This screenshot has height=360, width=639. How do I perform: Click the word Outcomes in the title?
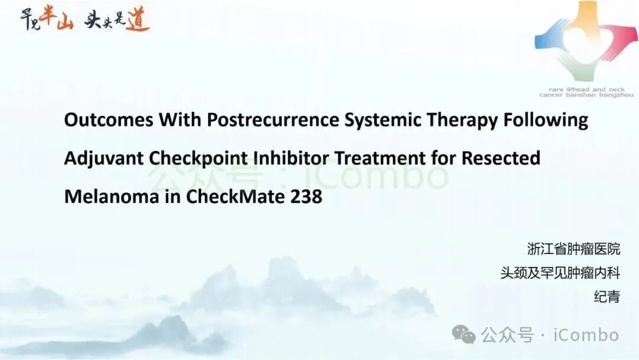point(109,120)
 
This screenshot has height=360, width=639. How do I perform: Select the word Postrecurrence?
point(273,120)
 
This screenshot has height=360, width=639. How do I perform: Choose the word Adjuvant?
point(104,159)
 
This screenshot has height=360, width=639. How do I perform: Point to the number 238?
point(306,197)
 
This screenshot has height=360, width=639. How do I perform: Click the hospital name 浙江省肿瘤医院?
point(574,249)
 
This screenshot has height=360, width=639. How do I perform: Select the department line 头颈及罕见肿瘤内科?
point(560,273)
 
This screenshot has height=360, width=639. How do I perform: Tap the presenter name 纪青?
point(607,297)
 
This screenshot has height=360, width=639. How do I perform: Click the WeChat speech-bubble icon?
point(464,335)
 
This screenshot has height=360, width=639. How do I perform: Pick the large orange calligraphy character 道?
point(138,19)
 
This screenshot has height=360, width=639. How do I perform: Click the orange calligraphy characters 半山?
point(56,18)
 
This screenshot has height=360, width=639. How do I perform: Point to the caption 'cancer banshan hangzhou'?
point(586,95)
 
